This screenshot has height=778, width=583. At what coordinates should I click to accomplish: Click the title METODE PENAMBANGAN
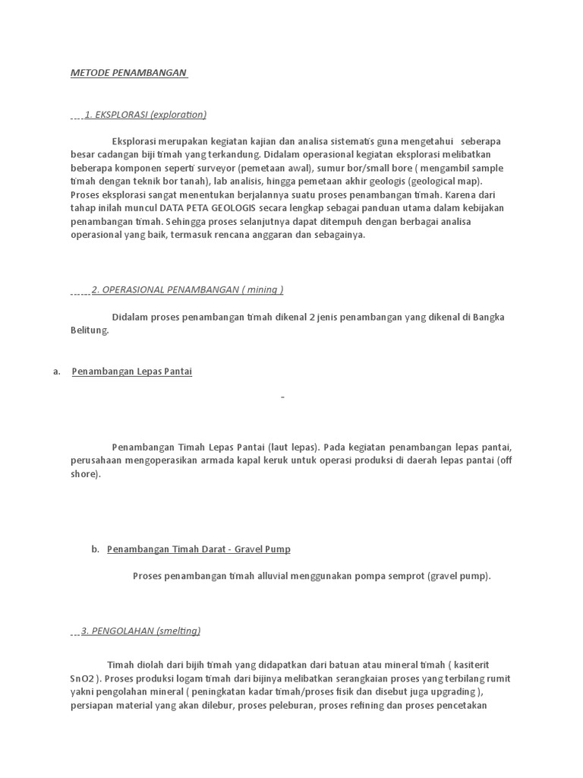click(128, 73)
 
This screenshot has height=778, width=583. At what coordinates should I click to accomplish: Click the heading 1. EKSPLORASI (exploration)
click(145, 115)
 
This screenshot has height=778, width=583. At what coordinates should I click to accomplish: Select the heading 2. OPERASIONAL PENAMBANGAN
click(188, 289)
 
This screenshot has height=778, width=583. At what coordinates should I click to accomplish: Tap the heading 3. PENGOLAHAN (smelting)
click(140, 631)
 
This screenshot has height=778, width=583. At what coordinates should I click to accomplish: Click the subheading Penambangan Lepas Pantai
click(132, 372)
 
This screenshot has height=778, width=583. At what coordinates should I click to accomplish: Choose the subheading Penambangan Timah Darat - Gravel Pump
click(199, 549)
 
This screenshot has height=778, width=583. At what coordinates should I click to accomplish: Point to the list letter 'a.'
click(57, 372)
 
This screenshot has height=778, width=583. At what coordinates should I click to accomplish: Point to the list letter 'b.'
click(95, 549)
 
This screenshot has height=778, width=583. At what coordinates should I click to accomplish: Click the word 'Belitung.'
click(90, 330)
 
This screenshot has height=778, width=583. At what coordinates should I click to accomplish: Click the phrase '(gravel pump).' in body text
click(459, 576)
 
